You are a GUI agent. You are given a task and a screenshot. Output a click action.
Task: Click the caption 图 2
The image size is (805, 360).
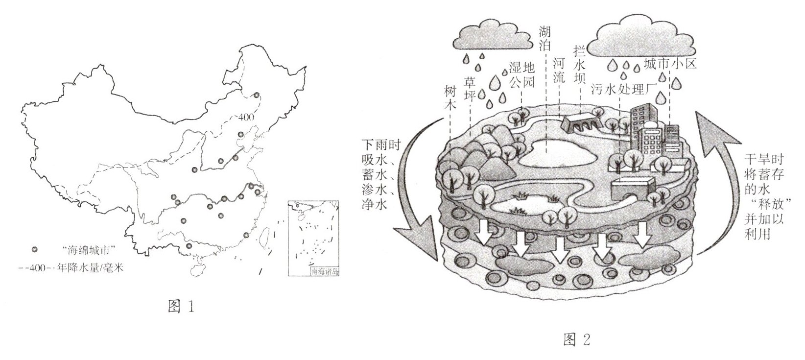coord(577,339)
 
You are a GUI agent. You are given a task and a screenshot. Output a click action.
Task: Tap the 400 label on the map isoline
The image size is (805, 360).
coord(245,118)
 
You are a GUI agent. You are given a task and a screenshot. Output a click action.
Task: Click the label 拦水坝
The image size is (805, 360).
coord(581,64)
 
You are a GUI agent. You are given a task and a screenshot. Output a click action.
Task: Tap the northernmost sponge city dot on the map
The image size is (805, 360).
coord(256,96)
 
